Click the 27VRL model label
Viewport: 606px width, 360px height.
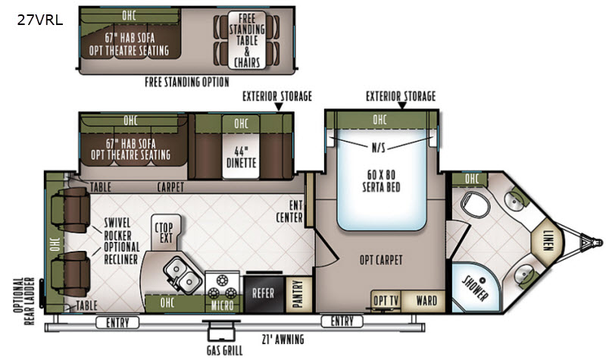coord(40,20)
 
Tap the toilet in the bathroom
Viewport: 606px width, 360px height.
coord(476,204)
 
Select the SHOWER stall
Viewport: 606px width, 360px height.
coord(476,288)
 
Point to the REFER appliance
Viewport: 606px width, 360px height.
coord(264,293)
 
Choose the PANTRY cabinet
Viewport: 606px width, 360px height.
coord(298,294)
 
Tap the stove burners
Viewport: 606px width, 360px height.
coord(222,286)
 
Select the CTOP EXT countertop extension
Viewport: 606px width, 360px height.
coord(166,233)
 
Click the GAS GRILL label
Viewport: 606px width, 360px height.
coord(224,351)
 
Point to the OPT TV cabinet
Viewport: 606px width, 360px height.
coord(386,300)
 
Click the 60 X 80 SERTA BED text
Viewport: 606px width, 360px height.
coord(381,180)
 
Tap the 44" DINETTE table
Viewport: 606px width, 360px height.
coord(241,157)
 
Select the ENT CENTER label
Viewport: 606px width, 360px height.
coord(289,211)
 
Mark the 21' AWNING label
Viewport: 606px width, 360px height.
coord(283,340)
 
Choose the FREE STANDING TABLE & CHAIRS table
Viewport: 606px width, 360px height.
coord(247,40)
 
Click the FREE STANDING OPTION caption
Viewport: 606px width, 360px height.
coord(187,82)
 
